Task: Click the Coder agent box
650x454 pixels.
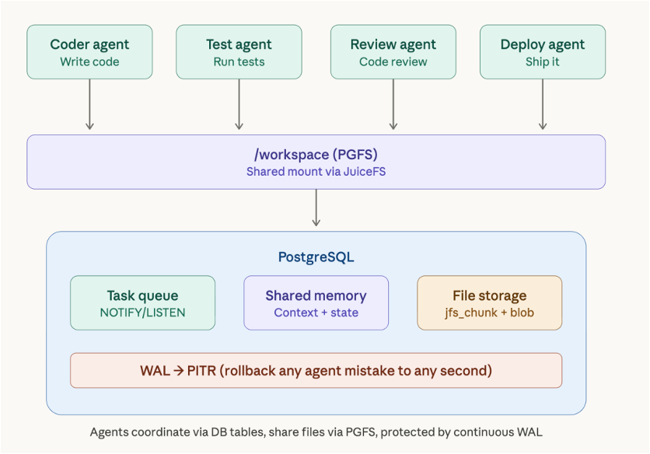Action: tap(89, 52)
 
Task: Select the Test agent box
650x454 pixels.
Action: tap(239, 52)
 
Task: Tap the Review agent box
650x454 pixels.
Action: tap(393, 52)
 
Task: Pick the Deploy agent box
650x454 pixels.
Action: tap(543, 52)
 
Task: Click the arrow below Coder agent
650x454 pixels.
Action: tap(89, 104)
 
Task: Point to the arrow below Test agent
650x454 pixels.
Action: tap(239, 104)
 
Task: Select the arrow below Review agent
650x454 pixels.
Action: tap(393, 104)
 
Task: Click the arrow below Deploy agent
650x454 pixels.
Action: tap(543, 104)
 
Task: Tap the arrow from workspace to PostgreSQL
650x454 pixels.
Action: tap(316, 208)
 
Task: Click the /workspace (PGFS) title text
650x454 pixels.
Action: tap(316, 155)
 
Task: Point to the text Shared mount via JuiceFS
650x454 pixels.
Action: tap(316, 172)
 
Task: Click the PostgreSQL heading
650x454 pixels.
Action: tap(316, 257)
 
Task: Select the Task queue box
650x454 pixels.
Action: tap(142, 302)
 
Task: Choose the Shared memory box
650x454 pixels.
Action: tap(316, 302)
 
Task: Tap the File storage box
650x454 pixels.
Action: tap(490, 302)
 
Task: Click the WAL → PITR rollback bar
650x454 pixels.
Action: tap(316, 370)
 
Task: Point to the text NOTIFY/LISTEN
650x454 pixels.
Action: tap(142, 313)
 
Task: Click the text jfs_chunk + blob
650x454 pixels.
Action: tap(490, 313)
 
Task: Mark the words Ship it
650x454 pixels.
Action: tap(543, 61)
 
